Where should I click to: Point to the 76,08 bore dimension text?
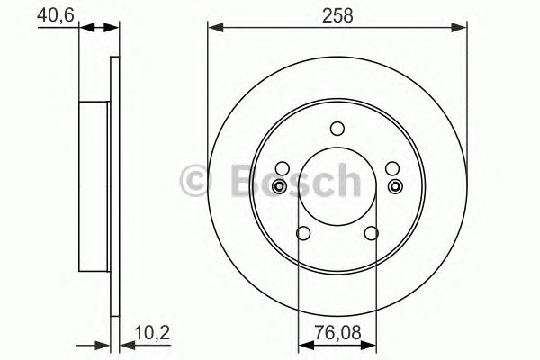coord(337,331)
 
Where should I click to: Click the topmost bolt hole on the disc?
coord(337,129)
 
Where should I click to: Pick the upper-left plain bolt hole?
coord(282,169)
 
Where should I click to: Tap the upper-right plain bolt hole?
coord(391,169)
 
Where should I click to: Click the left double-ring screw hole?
coord(279,186)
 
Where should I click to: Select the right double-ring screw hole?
coord(395,186)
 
